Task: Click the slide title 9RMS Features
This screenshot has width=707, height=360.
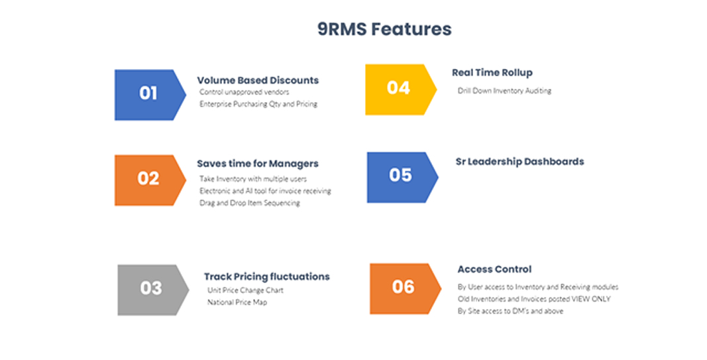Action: point(384,29)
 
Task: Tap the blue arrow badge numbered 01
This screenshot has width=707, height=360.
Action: point(148,94)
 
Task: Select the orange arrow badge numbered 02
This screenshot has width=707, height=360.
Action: point(148,179)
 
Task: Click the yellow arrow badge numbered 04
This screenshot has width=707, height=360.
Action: point(399,88)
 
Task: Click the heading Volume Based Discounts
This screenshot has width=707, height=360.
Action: point(258,80)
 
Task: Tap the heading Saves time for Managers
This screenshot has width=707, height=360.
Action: point(258,163)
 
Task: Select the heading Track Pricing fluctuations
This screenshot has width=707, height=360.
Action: point(266,276)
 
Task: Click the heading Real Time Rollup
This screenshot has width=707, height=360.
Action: point(492,72)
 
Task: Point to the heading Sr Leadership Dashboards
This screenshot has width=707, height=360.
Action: point(519,161)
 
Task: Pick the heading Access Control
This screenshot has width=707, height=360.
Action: point(494,269)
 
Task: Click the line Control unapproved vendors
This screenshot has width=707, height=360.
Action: point(245,92)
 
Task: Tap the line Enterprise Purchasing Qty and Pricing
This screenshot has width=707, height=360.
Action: point(258,104)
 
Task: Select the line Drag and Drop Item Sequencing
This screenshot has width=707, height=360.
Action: point(250,203)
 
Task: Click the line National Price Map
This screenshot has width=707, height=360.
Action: point(237,302)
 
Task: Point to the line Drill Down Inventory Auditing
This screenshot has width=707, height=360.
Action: point(504,91)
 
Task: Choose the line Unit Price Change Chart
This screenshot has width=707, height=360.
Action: point(246,290)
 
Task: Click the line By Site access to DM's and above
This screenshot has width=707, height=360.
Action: point(510,311)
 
